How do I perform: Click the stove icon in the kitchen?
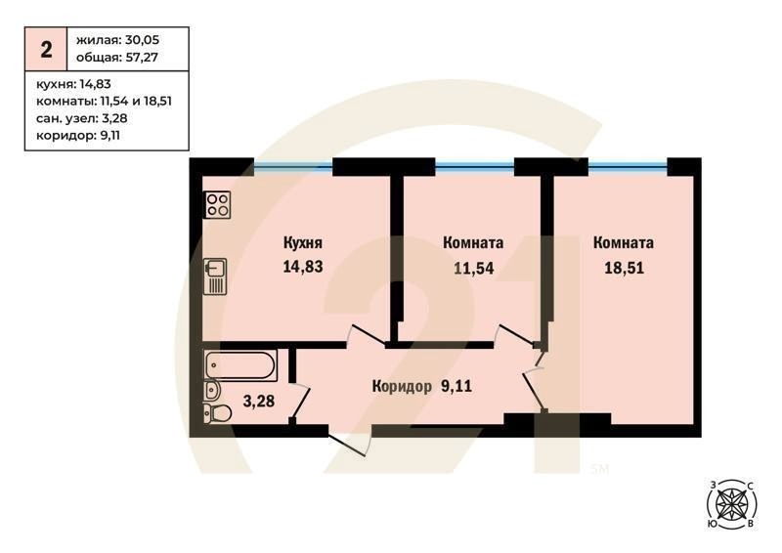[217, 205]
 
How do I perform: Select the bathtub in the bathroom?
[239, 365]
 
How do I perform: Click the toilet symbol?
[218, 413]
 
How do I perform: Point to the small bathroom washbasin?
[211, 390]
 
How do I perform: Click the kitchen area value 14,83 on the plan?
[303, 267]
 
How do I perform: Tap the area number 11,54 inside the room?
[473, 269]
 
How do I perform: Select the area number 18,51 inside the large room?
[624, 269]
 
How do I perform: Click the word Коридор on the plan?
[402, 387]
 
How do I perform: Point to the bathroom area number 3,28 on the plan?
[258, 401]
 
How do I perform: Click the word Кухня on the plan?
[303, 243]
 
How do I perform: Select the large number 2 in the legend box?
[46, 50]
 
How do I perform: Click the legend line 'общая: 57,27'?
[117, 58]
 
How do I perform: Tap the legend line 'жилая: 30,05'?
[117, 40]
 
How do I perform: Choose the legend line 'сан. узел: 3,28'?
[82, 118]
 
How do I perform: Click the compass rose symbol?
[732, 504]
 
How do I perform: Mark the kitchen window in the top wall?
[293, 166]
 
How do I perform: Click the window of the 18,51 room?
[628, 166]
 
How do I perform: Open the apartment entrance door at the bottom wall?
[350, 440]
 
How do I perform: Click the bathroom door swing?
[300, 403]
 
